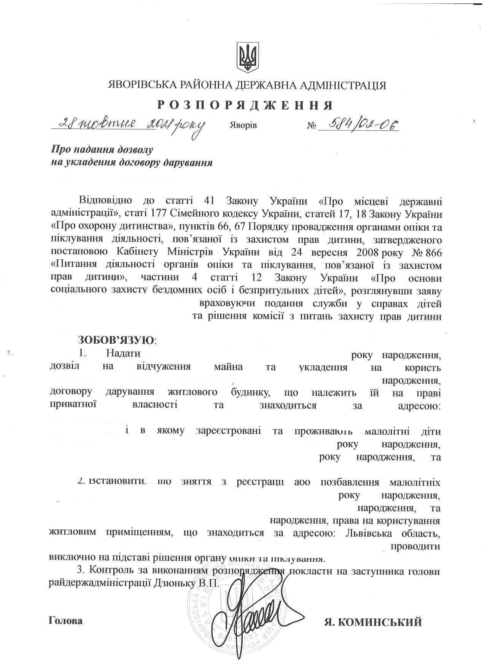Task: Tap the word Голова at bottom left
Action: [66, 621]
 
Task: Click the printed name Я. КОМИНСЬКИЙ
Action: [373, 623]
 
